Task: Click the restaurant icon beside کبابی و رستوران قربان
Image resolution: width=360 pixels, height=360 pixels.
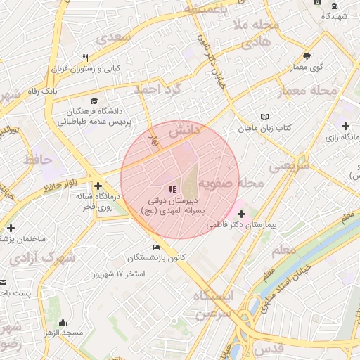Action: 85,58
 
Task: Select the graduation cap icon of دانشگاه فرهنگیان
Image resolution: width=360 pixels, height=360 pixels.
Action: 94,100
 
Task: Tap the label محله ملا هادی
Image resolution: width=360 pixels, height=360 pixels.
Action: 259,34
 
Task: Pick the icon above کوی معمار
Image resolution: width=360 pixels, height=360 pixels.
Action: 306,56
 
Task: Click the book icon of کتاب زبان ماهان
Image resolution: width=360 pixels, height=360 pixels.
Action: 264,116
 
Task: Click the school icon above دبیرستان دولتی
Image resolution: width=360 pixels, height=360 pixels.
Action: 171,189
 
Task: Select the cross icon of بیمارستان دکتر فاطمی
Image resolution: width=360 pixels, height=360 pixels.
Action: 241,213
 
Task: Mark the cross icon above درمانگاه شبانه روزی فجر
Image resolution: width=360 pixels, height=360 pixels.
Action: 98,185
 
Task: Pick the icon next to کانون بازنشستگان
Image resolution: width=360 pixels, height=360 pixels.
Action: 156,247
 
